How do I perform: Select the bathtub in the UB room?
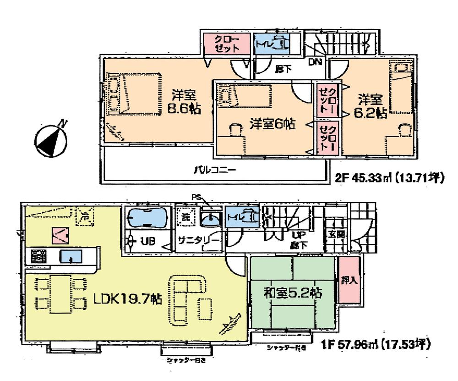pyautogui.click(x=147, y=216)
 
